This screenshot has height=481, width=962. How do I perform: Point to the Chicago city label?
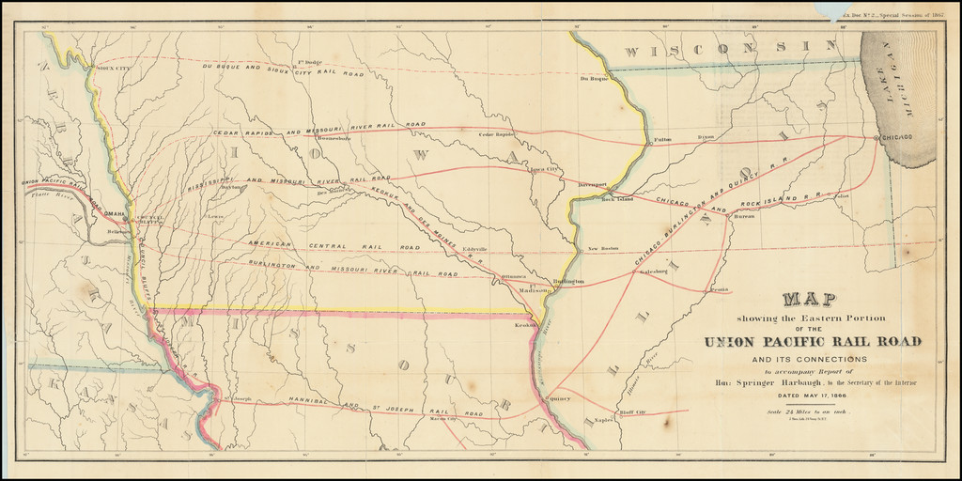tap(896, 138)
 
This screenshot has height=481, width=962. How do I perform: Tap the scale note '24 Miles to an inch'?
tap(813, 411)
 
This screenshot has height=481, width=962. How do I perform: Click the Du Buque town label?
tap(595, 78)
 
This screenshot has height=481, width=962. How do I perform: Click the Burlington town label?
tap(567, 281)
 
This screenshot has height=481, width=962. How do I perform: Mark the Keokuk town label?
tap(523, 326)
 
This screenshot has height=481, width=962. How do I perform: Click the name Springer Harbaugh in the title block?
tap(760, 383)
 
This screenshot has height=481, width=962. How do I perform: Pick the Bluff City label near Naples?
tap(632, 412)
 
